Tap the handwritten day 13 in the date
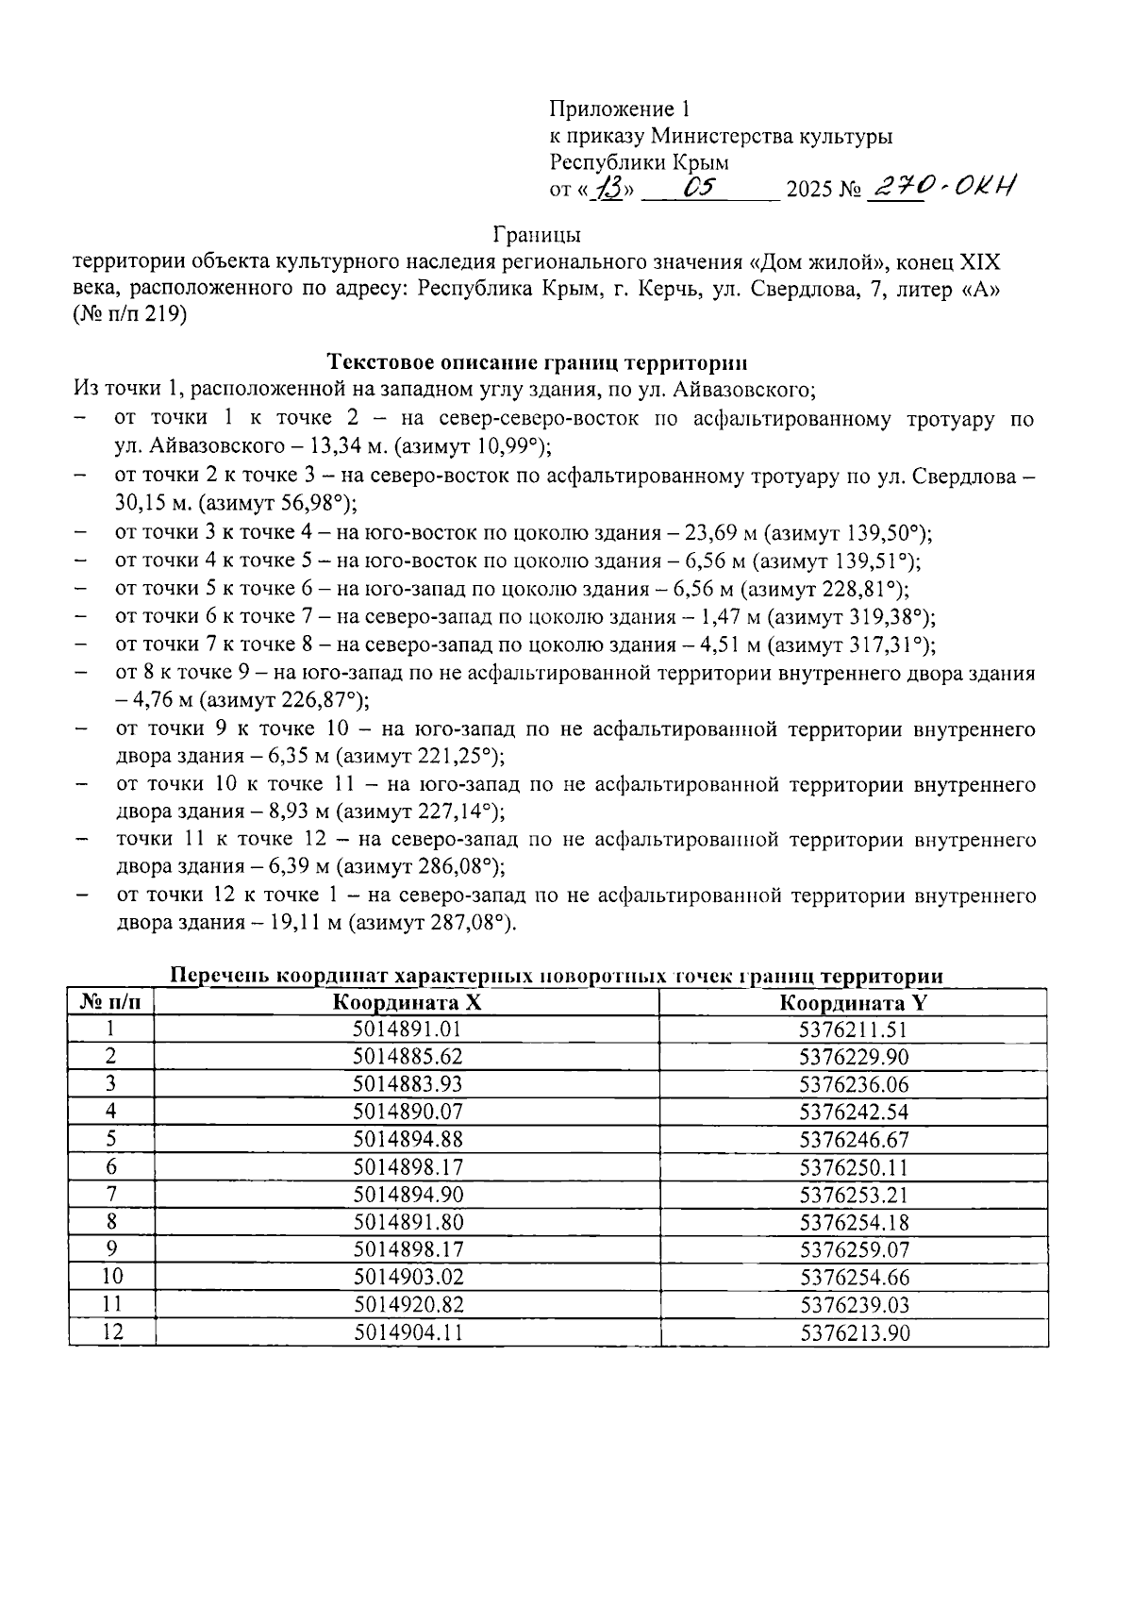pos(607,190)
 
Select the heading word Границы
pos(537,234)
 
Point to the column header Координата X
pos(408,1002)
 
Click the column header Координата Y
pos(854,1002)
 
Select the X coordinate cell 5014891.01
pos(408,1029)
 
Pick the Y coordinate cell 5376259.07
pos(854,1249)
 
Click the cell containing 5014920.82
pos(408,1305)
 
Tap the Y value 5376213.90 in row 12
pos(854,1332)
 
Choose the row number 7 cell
pos(111,1195)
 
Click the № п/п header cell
pos(111,1002)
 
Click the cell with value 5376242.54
pos(854,1112)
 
